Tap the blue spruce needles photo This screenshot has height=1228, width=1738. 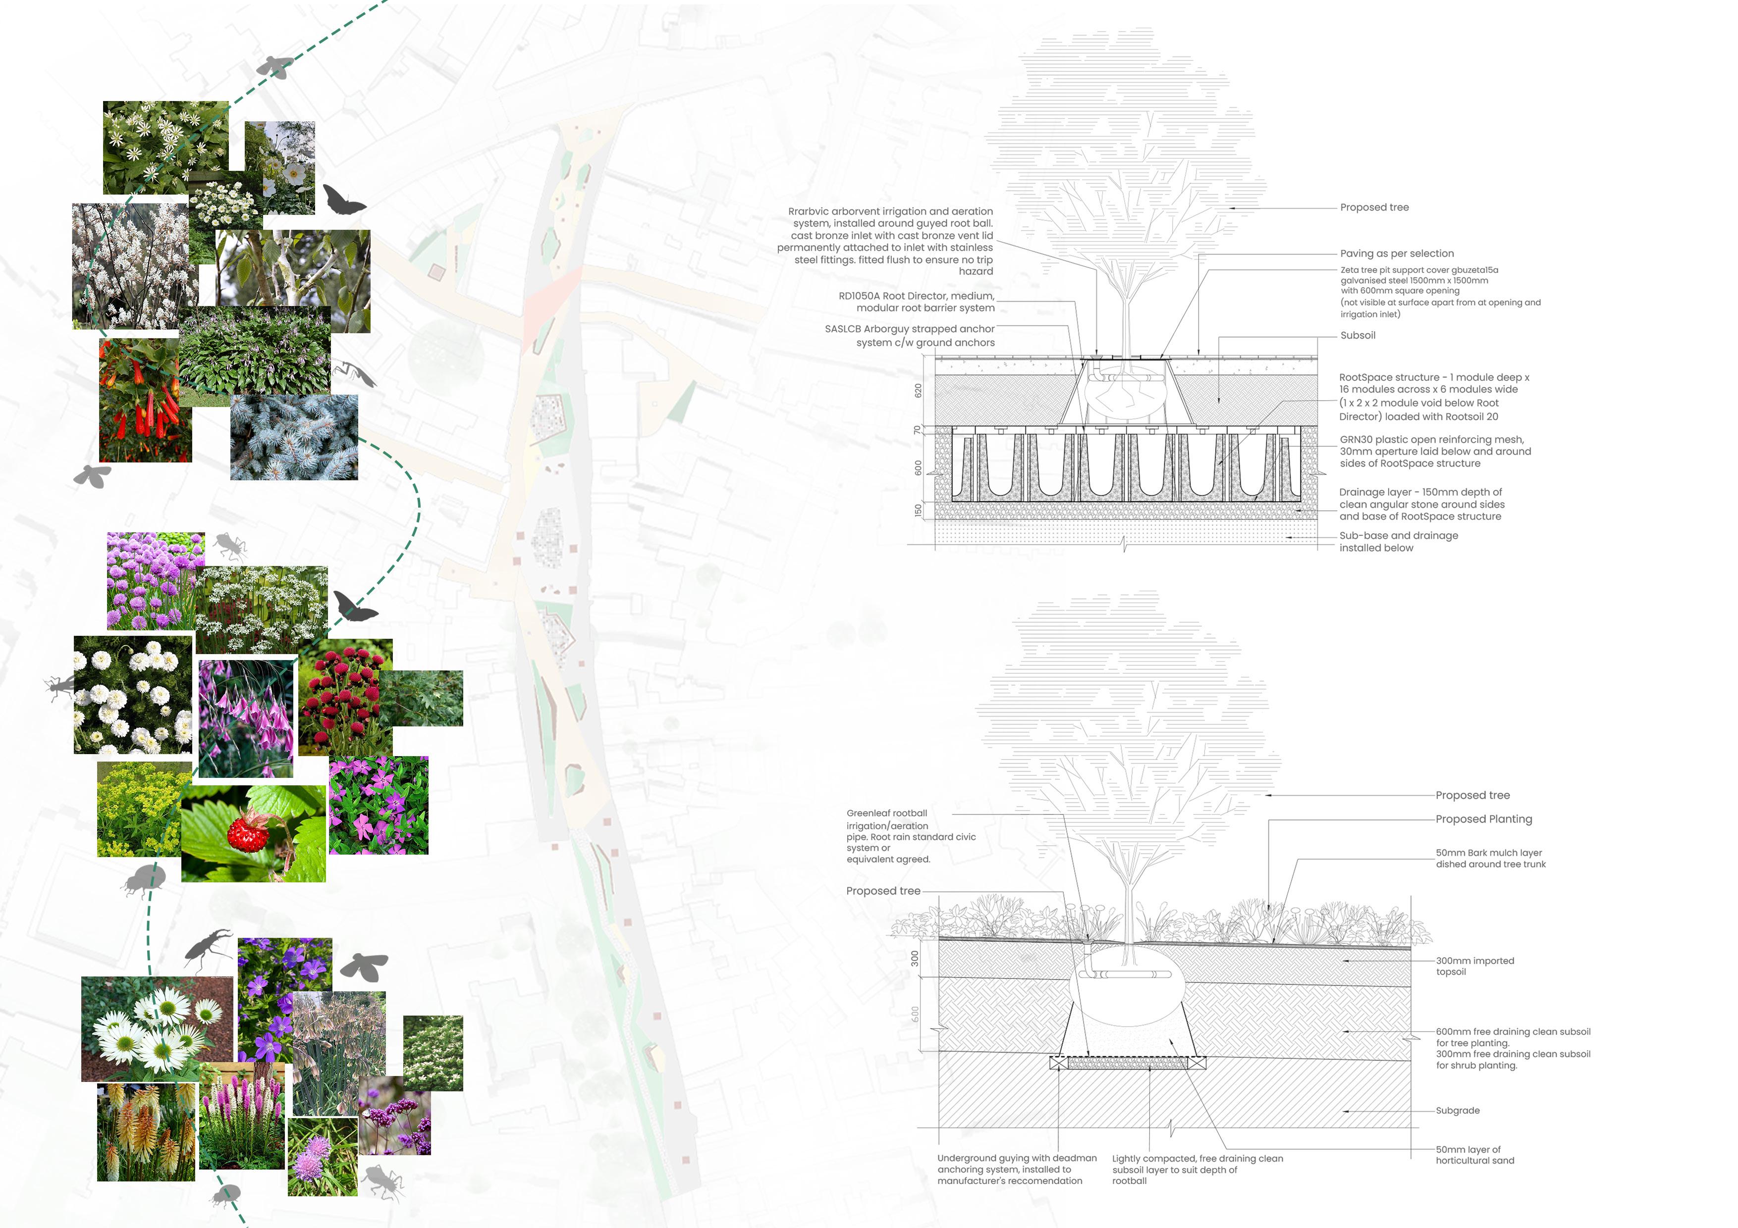point(294,437)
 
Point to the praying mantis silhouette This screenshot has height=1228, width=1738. point(354,372)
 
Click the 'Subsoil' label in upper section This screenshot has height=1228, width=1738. point(1357,335)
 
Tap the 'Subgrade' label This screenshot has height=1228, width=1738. point(1457,1111)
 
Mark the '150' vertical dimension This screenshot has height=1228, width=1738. point(918,511)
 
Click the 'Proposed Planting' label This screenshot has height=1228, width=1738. point(1483,819)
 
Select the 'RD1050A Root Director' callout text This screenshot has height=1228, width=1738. point(916,302)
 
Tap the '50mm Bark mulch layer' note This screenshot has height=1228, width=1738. point(1490,858)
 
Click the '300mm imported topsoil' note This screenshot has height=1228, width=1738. point(1474,966)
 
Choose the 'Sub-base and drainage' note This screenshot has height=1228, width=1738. point(1397,542)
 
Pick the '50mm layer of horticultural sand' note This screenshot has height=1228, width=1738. point(1474,1155)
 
